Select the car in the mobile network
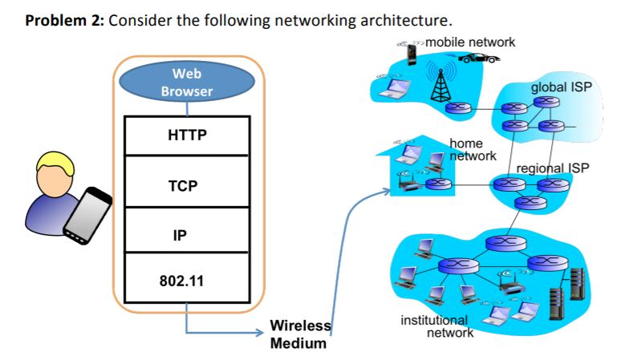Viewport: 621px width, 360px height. [x=477, y=58]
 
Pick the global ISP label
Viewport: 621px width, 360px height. [x=561, y=87]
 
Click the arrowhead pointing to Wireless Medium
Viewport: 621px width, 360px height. [x=258, y=332]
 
